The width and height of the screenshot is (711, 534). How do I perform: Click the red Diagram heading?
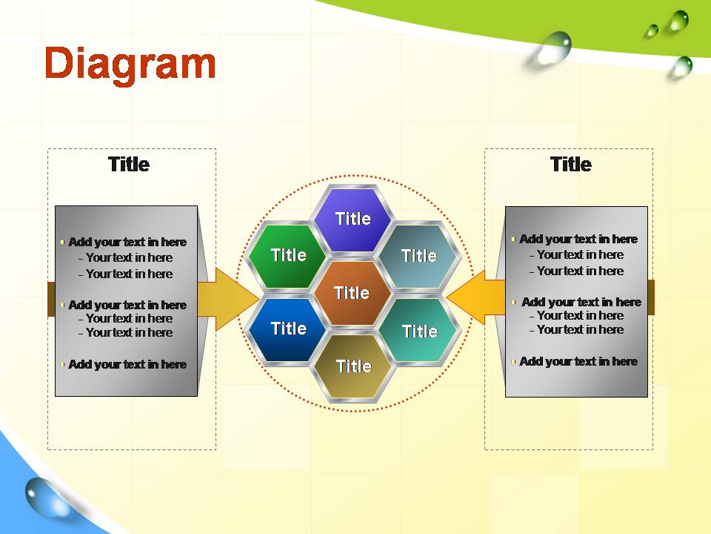click(x=130, y=65)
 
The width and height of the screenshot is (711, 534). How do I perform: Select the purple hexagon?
click(x=353, y=219)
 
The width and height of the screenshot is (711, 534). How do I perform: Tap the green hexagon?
click(x=287, y=256)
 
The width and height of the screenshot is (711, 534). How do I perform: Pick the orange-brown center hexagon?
click(x=353, y=293)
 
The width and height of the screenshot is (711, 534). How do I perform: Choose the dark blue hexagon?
click(x=287, y=329)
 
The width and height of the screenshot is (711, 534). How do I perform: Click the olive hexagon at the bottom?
click(x=353, y=367)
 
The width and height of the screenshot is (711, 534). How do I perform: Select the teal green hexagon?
click(x=419, y=331)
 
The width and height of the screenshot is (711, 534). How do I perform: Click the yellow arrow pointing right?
click(x=229, y=299)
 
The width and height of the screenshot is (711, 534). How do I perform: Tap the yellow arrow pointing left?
click(x=475, y=297)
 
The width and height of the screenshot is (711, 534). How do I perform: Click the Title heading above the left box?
click(x=129, y=165)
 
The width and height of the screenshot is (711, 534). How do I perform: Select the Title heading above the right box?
click(x=571, y=164)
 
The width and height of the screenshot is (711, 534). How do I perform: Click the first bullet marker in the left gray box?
click(x=62, y=243)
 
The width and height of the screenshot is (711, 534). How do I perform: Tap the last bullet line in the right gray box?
click(x=575, y=361)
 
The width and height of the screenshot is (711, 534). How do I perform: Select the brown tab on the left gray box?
click(x=51, y=299)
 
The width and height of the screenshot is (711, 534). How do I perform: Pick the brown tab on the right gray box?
click(x=651, y=297)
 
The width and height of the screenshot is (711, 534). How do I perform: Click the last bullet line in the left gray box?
click(x=124, y=364)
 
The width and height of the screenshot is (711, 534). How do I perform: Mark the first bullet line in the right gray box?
click(x=575, y=239)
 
